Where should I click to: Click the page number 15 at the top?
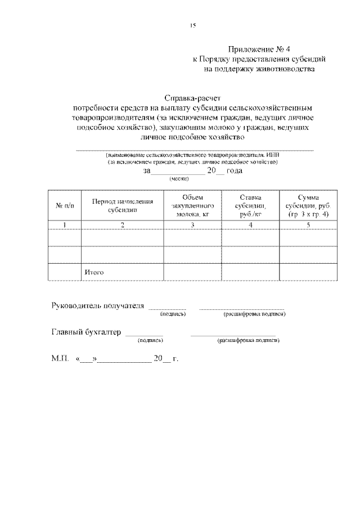(192, 25)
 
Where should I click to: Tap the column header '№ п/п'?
(65, 206)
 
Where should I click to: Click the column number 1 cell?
(65, 226)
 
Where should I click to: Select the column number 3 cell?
(192, 226)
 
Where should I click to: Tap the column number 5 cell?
(308, 226)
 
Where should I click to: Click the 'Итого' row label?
(94, 272)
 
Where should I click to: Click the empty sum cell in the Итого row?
(308, 272)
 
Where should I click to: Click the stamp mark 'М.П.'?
(60, 359)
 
